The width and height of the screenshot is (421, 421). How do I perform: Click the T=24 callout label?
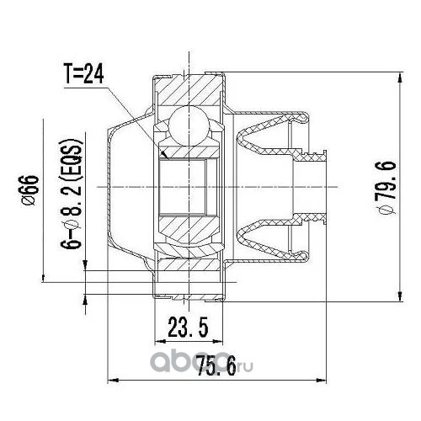click(x=84, y=73)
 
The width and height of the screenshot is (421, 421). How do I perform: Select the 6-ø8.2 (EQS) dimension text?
click(x=72, y=194)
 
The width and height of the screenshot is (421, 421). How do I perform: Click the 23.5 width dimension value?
click(x=188, y=327)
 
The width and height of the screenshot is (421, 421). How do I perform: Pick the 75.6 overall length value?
click(x=216, y=365)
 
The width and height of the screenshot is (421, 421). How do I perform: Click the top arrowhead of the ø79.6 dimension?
click(x=400, y=72)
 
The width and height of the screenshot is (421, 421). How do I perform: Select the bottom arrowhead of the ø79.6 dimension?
click(x=400, y=301)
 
